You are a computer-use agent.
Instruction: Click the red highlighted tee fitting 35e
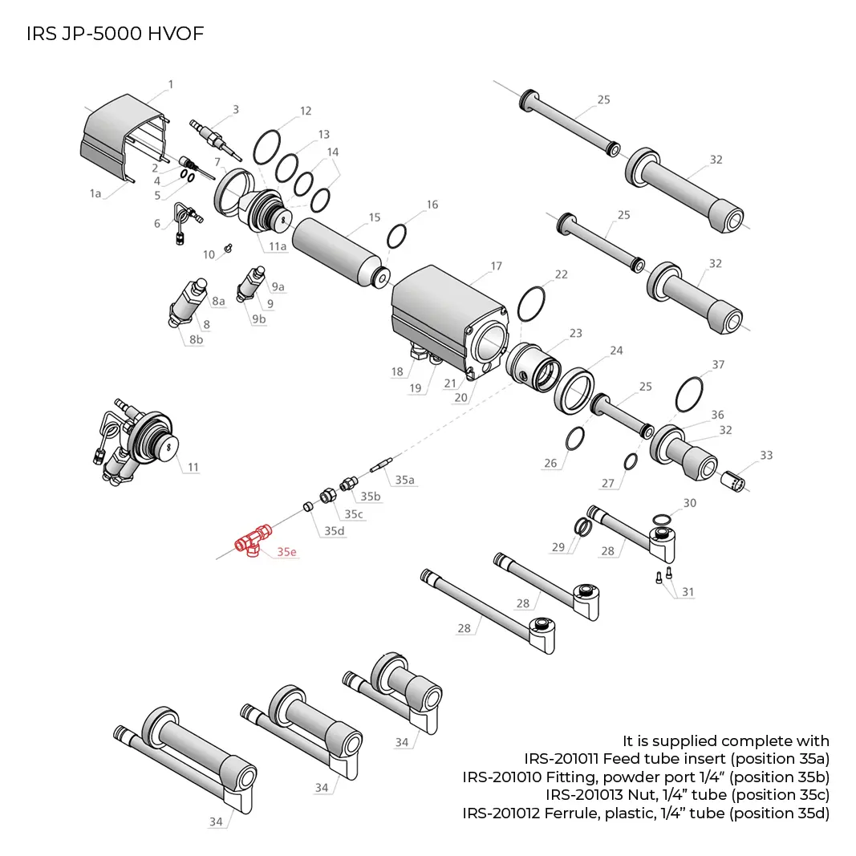coord(252,542)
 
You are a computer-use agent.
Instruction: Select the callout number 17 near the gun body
coord(496,266)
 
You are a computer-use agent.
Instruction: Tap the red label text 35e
coord(286,552)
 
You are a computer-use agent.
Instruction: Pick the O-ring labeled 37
coord(689,394)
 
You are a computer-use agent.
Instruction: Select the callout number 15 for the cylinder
coord(375,217)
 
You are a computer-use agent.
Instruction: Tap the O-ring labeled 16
coord(396,237)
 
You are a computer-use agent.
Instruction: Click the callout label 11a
coord(278,246)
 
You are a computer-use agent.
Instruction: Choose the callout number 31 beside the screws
coord(688,592)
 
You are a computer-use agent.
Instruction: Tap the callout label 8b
coord(196,339)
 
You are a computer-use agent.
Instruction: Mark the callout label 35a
coord(404,480)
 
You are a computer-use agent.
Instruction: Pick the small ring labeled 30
coord(662,517)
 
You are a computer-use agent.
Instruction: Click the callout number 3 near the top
coord(236,110)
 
